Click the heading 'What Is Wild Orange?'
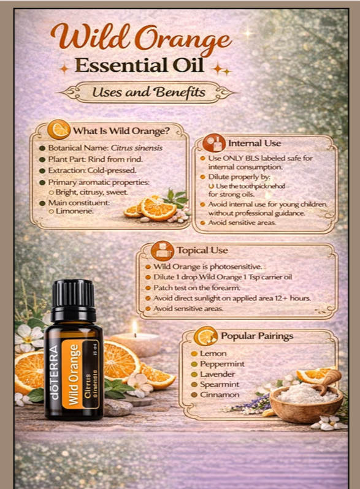pos(121,130)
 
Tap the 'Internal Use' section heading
pos(255,143)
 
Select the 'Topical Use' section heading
pos(202,250)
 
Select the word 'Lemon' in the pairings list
pos(213,354)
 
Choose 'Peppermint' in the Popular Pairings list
pos(222,364)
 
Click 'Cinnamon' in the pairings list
pos(219,395)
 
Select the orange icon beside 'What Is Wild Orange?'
pos(59,129)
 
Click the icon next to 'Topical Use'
pos(162,251)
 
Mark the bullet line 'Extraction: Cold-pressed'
pos(92,169)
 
